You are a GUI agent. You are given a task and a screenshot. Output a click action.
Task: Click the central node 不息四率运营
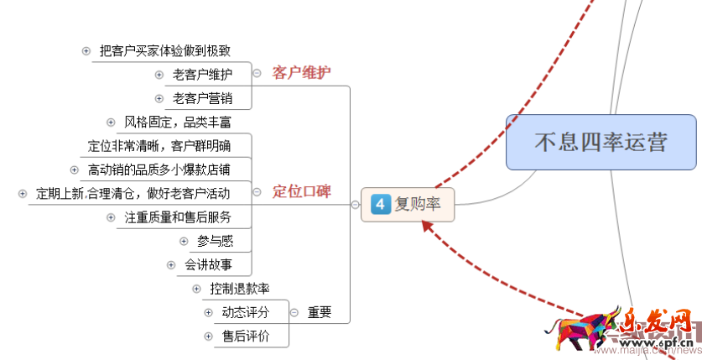(x=601, y=141)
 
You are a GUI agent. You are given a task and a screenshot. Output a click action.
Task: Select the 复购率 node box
(x=408, y=204)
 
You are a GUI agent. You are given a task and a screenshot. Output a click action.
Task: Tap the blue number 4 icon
(x=380, y=204)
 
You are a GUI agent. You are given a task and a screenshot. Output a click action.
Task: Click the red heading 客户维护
(x=301, y=73)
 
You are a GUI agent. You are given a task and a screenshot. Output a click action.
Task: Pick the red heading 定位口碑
(x=301, y=191)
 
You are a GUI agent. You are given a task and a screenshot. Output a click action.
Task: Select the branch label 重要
(x=319, y=312)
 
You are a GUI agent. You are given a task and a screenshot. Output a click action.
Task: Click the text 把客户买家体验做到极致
(x=164, y=51)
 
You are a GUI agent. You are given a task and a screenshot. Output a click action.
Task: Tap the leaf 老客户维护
(x=202, y=75)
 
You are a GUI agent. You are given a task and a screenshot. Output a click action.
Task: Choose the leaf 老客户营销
(x=202, y=99)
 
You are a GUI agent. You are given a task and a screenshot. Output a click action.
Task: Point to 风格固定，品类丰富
(x=177, y=123)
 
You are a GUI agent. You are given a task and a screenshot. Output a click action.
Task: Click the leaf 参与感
(x=215, y=242)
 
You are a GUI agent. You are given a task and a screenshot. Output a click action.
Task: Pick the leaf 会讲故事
(x=209, y=265)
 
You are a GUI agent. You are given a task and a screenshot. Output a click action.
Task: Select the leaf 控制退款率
(x=240, y=289)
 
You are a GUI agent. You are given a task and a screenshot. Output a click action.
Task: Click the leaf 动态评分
(x=245, y=312)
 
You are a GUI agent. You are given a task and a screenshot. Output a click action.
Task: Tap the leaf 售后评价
(x=245, y=337)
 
